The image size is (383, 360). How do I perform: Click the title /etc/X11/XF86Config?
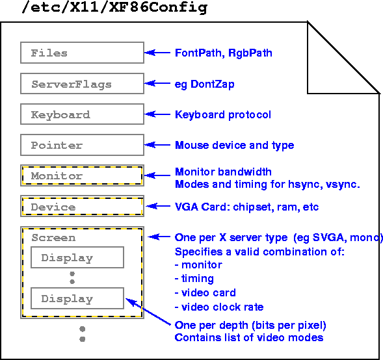click(x=114, y=7)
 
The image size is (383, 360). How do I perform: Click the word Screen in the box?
click(x=53, y=238)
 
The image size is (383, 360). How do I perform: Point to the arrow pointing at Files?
click(x=157, y=53)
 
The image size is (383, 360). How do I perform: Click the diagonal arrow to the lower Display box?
click(x=148, y=312)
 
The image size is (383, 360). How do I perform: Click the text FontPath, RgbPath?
click(x=224, y=53)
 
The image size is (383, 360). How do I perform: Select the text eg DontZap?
click(x=205, y=84)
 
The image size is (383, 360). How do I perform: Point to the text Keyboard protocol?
click(x=223, y=115)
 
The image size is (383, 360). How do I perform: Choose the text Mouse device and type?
click(x=235, y=146)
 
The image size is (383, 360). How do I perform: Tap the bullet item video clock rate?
click(x=219, y=307)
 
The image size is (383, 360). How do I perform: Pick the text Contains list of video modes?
click(x=249, y=338)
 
